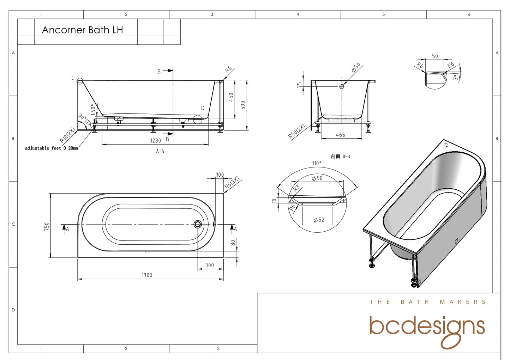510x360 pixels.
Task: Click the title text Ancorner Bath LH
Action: tap(82, 30)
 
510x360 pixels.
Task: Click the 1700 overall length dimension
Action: tap(147, 275)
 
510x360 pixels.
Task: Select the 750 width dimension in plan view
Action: tap(47, 226)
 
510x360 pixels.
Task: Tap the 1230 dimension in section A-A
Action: tap(156, 141)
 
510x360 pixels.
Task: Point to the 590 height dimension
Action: tap(243, 105)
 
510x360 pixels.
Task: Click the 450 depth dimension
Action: tap(231, 97)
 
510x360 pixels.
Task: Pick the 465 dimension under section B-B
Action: tap(341, 135)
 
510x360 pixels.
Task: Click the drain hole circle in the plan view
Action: tap(198, 224)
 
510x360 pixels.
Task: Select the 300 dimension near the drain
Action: tap(210, 266)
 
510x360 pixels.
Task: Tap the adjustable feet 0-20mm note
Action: tap(52, 148)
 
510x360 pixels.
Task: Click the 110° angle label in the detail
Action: tap(317, 163)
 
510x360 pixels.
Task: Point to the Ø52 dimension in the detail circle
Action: tap(319, 220)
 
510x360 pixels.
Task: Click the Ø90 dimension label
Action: tap(317, 178)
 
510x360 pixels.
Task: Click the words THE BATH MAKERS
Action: tap(427, 302)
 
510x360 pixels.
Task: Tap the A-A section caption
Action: tap(160, 151)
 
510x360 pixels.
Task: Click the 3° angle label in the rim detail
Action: tap(456, 78)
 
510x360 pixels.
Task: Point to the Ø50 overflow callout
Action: tap(356, 68)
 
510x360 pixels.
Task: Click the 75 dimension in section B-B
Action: tap(299, 85)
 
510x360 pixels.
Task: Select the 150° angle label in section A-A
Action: tap(93, 109)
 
